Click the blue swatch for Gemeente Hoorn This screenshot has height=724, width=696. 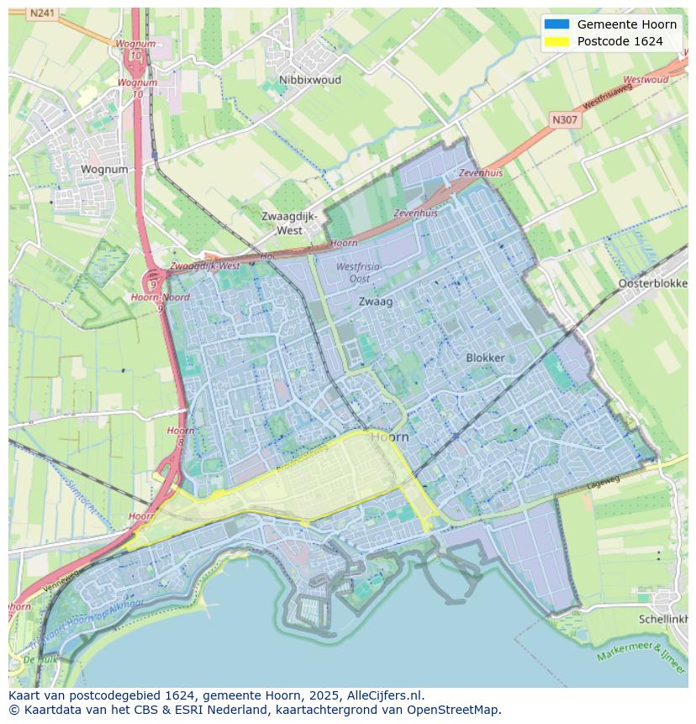[x=556, y=24]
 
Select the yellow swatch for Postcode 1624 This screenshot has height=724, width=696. [x=556, y=41]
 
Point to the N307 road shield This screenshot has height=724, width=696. [x=565, y=120]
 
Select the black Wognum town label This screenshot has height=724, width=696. [x=104, y=169]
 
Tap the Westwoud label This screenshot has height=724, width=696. [x=646, y=80]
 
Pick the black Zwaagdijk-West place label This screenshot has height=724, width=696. [x=289, y=223]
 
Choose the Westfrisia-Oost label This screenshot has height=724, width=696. [x=359, y=272]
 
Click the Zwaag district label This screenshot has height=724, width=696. [x=376, y=301]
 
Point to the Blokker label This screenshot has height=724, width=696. [x=485, y=357]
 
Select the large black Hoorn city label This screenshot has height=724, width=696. [x=389, y=437]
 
